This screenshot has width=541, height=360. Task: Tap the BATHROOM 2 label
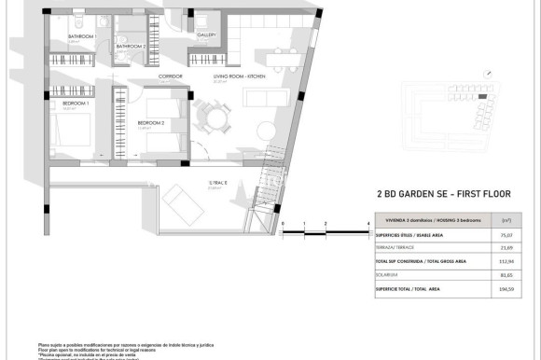pos(132,45)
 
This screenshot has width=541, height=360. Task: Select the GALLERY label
pos(206,35)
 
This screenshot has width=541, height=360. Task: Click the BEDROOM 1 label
pos(75,104)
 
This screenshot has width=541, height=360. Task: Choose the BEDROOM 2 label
pos(150,122)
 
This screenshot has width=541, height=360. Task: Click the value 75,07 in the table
pos(509,236)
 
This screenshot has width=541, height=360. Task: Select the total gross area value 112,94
pos(509,262)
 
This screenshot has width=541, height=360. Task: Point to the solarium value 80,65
pos(509,275)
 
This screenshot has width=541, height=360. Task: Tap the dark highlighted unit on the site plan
pos(482,96)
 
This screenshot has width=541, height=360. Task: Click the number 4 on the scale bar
pos(368,223)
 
